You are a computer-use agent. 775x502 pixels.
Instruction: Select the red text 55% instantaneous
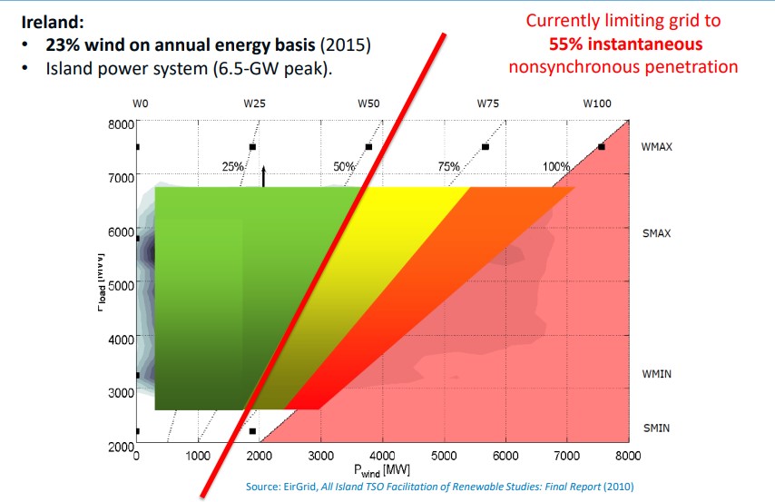(624, 44)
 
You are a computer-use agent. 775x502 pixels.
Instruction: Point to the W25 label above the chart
(254, 104)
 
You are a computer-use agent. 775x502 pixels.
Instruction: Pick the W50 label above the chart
(368, 104)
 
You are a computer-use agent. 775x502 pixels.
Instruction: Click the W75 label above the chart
(487, 104)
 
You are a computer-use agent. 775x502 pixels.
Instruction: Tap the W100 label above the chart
(597, 104)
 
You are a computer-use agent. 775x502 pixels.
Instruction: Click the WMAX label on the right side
(656, 146)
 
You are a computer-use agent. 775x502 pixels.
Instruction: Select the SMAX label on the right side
(655, 233)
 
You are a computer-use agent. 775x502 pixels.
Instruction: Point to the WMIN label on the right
(655, 374)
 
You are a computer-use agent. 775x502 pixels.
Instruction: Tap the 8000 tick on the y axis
(121, 123)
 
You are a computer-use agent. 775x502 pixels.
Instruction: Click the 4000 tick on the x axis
(382, 458)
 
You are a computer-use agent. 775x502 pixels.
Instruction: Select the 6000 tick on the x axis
(505, 458)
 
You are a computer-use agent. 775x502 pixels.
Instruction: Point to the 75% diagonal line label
(449, 166)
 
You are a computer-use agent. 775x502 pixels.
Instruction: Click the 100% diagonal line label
(555, 166)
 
